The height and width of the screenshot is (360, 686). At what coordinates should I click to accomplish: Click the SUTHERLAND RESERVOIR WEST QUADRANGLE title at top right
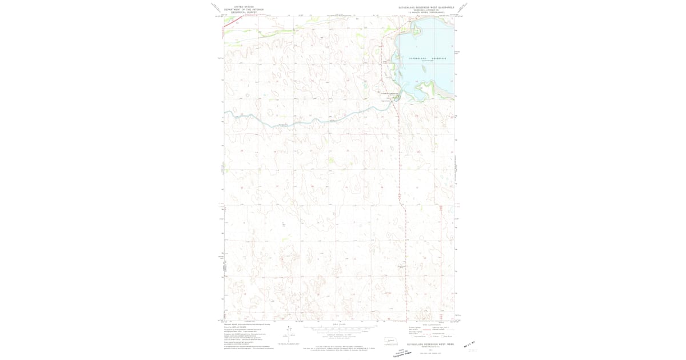(x=426, y=7)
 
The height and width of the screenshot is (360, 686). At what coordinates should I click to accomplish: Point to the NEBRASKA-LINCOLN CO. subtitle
(x=426, y=10)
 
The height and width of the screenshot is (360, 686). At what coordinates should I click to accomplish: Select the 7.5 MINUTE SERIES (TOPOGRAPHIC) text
(x=426, y=13)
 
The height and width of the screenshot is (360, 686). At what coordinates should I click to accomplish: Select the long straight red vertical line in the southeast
(x=441, y=257)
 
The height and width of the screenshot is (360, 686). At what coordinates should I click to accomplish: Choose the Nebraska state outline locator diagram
(x=391, y=341)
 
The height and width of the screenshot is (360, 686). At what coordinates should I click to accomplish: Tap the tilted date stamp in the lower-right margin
(x=470, y=344)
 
